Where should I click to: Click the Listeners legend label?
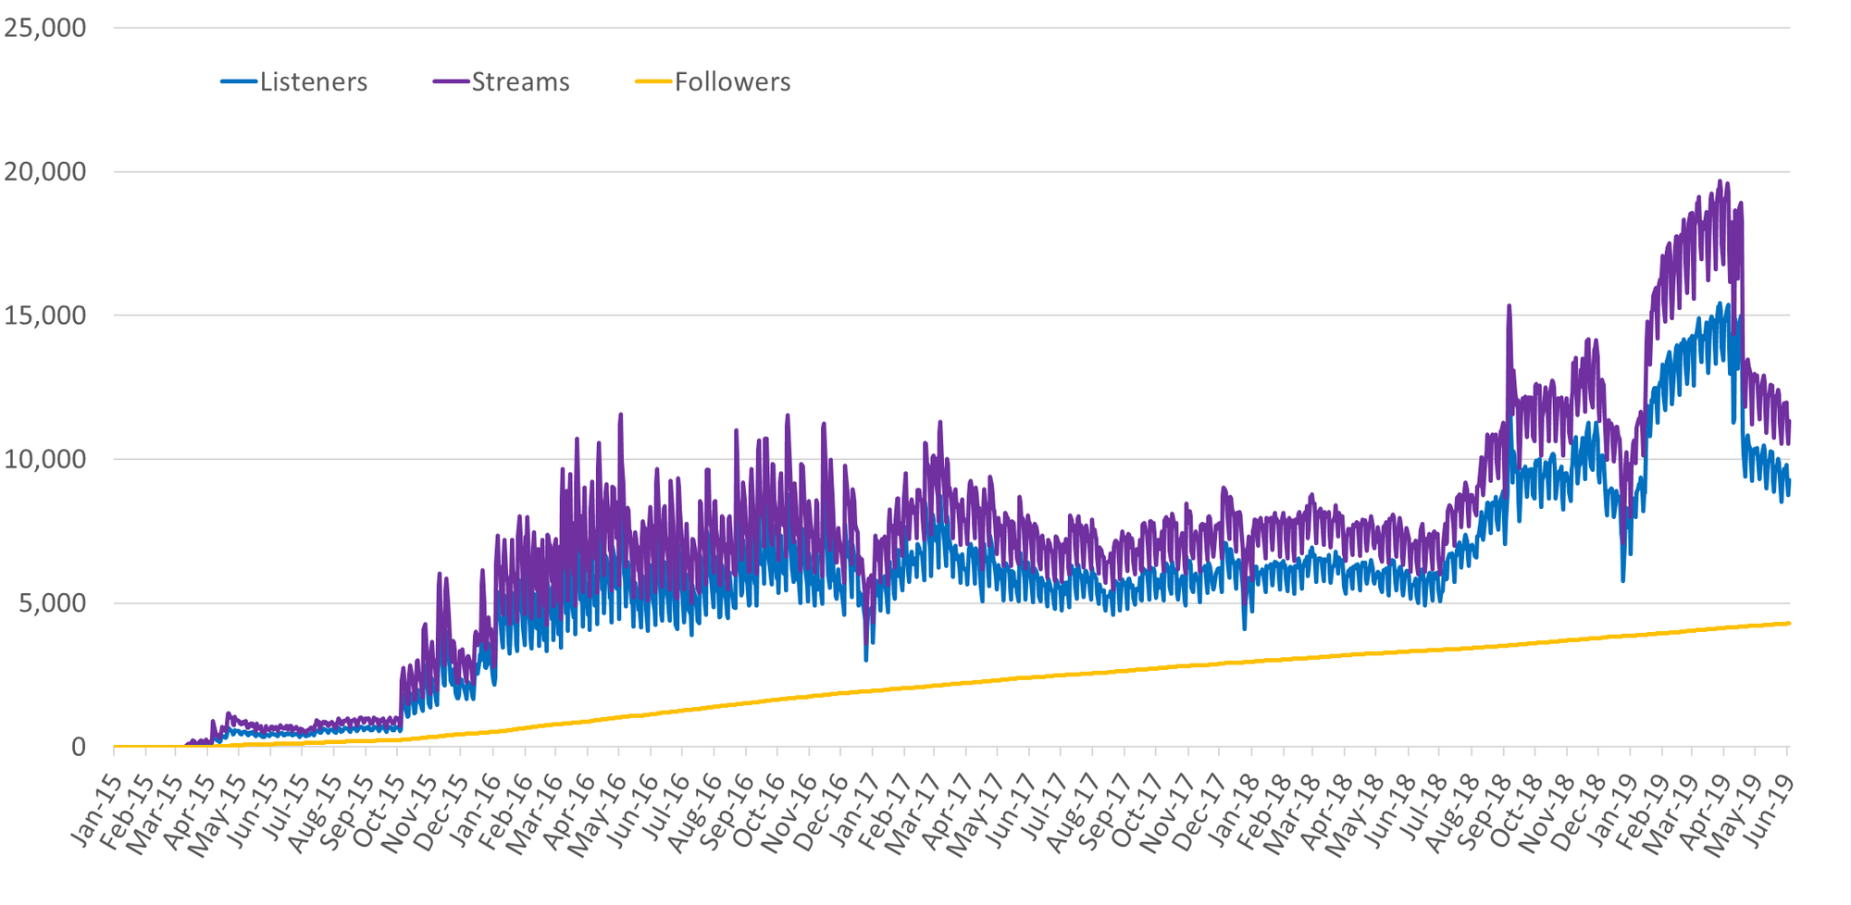click(313, 82)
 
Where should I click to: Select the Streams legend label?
click(520, 82)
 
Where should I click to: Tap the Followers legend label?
click(732, 82)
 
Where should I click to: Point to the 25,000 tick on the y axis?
click(45, 28)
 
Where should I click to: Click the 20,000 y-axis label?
click(45, 172)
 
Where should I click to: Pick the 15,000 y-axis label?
click(45, 316)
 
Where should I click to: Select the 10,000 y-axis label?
click(45, 460)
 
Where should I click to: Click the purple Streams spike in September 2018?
click(1509, 306)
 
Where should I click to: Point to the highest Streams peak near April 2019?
click(1720, 182)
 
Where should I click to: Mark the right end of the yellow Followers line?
click(1789, 623)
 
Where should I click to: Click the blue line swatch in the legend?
click(239, 82)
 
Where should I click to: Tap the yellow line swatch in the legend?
click(653, 82)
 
